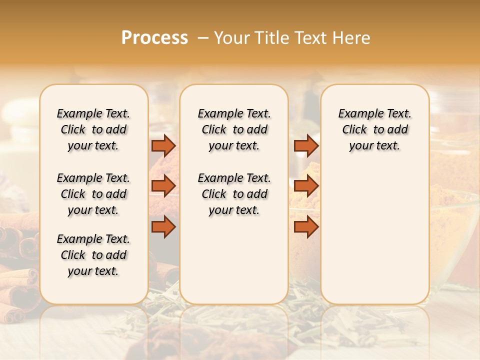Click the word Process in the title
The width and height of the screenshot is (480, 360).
[x=154, y=38]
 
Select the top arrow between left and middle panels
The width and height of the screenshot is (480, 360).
[x=163, y=145]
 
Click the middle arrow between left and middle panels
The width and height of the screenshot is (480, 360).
[x=163, y=186]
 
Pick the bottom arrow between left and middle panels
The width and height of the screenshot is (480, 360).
[x=163, y=227]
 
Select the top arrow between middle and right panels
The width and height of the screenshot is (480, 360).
[x=306, y=145]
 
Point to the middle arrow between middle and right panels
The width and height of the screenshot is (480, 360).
[x=306, y=186]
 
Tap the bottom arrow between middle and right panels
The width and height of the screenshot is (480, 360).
[x=306, y=227]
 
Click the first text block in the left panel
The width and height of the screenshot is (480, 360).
[x=93, y=129]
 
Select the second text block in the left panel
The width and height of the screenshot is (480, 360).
[x=93, y=194]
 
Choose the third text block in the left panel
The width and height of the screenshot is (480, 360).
[x=93, y=255]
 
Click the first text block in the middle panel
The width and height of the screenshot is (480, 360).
[x=234, y=129]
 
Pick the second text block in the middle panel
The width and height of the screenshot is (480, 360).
[x=234, y=194]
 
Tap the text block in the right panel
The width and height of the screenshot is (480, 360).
[x=374, y=129]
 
